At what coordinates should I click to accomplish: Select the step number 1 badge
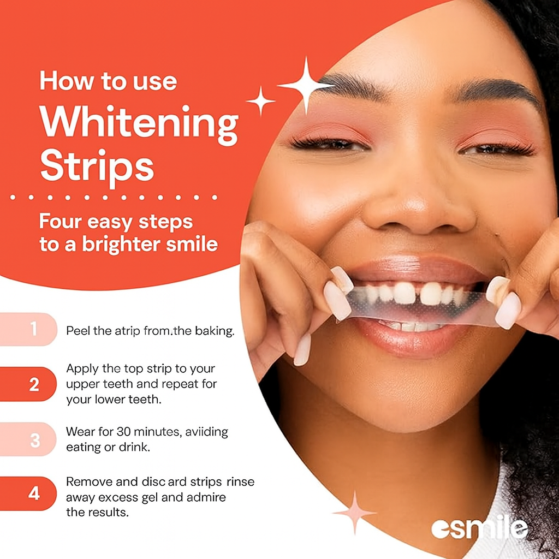[34, 329]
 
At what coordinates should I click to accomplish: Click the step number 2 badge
[34, 384]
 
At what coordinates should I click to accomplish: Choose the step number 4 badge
[34, 494]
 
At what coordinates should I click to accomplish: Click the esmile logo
[479, 528]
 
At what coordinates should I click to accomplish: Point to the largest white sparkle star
[306, 85]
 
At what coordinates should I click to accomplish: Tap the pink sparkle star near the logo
[354, 513]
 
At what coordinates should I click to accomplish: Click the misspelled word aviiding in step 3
[206, 432]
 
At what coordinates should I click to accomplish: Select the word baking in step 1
[212, 331]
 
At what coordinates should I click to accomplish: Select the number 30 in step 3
[123, 432]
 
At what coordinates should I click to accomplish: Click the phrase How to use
[108, 82]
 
